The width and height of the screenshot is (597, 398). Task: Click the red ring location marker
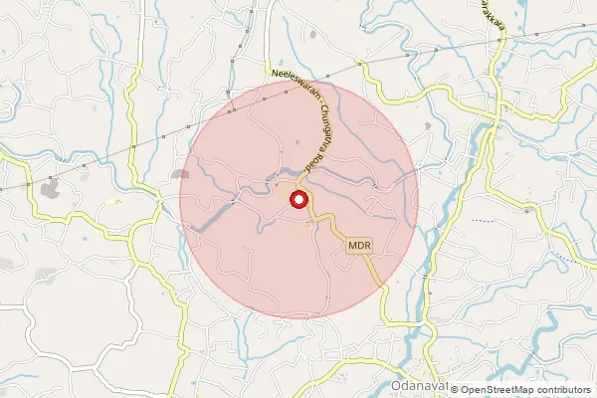click(298, 200)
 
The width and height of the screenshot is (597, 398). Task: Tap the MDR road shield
click(359, 244)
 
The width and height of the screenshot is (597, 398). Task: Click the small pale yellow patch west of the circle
click(111, 202)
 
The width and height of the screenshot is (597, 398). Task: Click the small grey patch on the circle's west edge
click(181, 174)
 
